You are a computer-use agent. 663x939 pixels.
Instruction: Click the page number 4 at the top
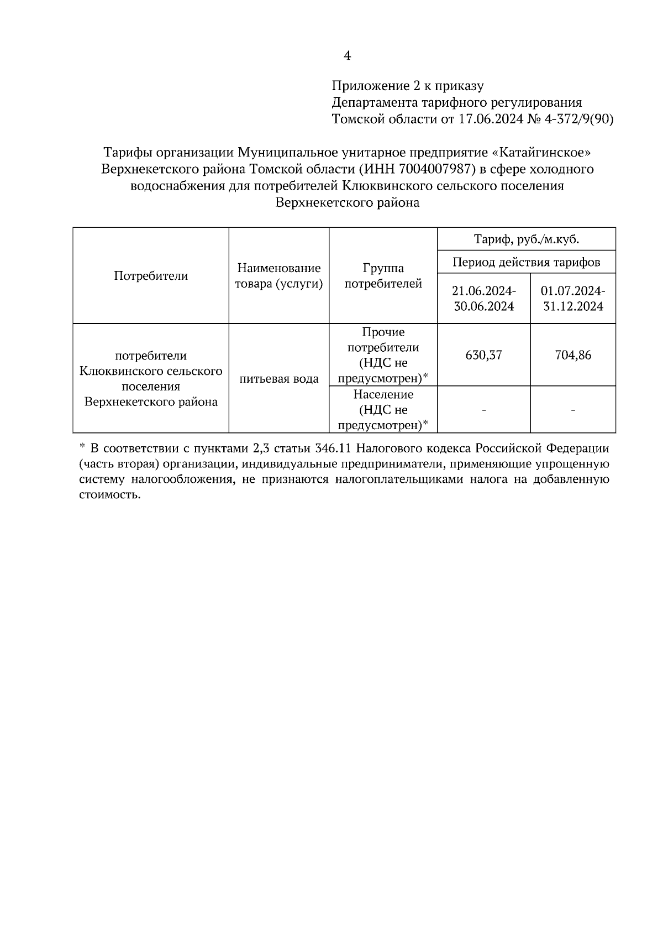[x=347, y=55]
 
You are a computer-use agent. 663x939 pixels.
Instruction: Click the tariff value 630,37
[x=483, y=355]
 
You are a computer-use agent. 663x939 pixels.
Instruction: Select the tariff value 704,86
[x=573, y=355]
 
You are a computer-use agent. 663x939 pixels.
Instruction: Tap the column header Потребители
[x=151, y=275]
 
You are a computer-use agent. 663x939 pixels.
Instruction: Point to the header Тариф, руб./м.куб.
[x=526, y=239]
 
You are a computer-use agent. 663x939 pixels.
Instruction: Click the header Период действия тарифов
[x=526, y=262]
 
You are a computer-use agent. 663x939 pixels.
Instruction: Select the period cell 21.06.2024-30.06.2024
[x=483, y=299]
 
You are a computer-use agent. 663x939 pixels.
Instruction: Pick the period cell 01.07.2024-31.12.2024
[x=573, y=299]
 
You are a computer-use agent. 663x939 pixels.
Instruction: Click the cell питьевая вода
[x=279, y=379]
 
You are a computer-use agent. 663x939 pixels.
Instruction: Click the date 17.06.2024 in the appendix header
[x=490, y=119]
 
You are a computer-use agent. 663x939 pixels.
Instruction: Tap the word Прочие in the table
[x=383, y=332]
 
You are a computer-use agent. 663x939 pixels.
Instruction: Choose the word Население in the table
[x=383, y=395]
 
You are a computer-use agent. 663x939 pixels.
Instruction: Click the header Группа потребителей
[x=383, y=275]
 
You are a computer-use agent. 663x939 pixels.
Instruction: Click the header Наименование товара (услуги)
[x=279, y=275]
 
